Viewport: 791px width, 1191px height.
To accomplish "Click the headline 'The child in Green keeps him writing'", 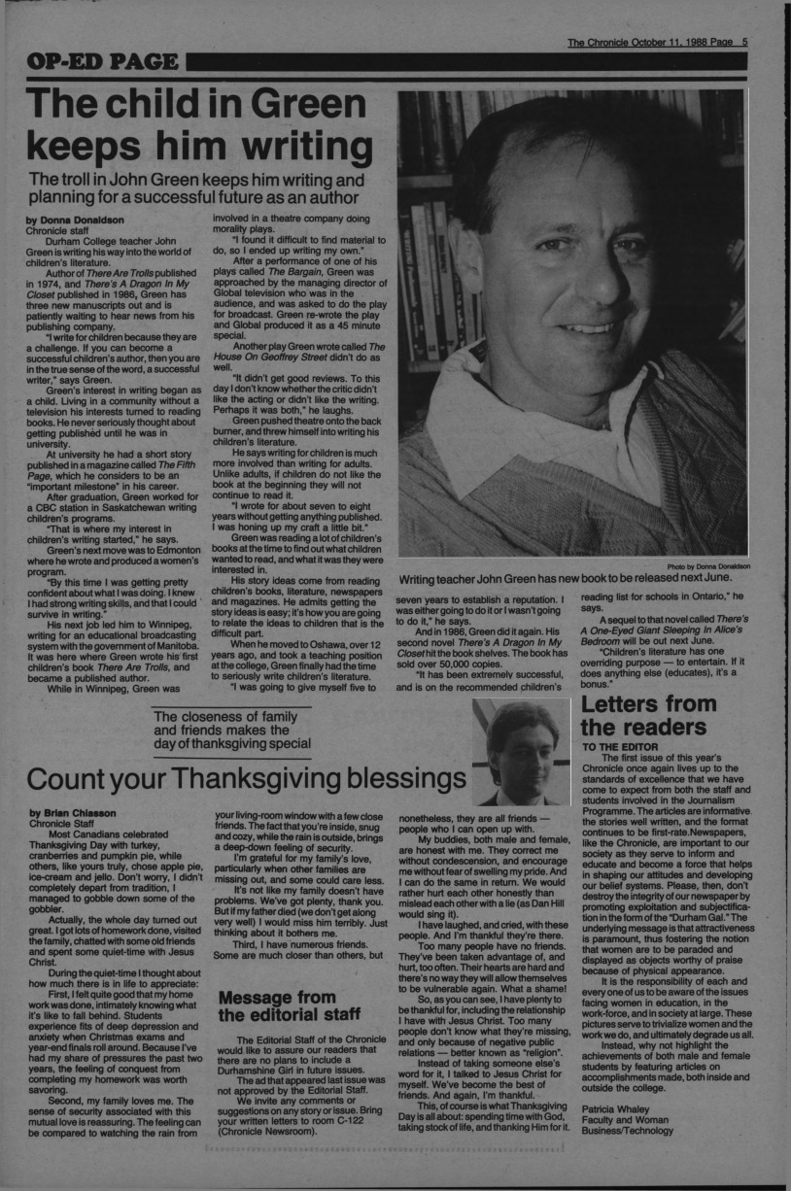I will coord(199,127).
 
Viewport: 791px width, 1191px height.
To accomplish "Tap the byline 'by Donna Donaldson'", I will coord(76,220).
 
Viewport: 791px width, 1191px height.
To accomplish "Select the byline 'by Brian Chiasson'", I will coord(73,812).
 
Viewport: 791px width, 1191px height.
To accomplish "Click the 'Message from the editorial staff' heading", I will coord(277,1015).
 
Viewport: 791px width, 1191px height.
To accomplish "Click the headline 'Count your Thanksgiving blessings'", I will coord(247,778).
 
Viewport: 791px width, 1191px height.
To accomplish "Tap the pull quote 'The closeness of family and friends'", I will coord(233,731).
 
